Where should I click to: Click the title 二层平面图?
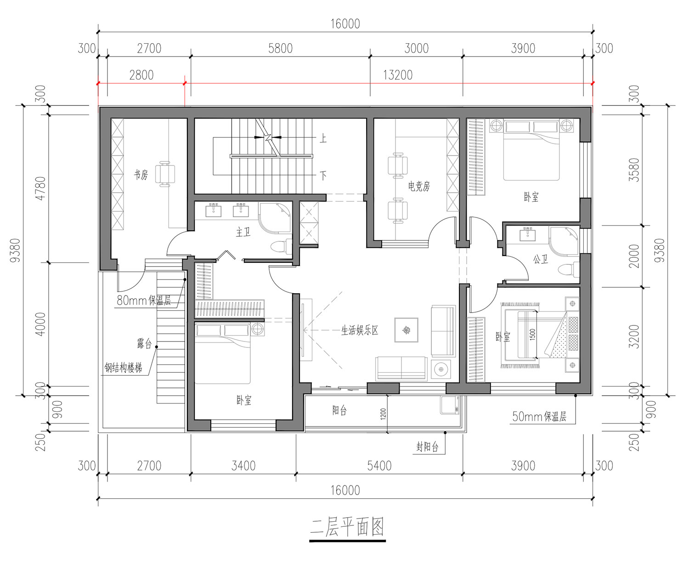347,527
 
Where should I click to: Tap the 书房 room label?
141,175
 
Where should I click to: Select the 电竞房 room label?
419,186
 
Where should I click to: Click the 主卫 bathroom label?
243,232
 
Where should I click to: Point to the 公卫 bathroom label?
540,259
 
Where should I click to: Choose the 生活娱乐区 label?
359,330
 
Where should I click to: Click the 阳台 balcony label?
339,410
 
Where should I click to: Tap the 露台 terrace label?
144,343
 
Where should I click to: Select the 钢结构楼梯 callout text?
123,368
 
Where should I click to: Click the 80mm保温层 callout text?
144,300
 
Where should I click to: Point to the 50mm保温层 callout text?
539,416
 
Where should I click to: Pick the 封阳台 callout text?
427,447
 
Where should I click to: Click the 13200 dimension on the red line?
398,75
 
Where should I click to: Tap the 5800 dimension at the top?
280,48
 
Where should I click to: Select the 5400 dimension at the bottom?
379,466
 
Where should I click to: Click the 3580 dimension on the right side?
634,170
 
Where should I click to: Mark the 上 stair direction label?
323,138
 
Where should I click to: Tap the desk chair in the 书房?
165,174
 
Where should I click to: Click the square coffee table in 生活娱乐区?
406,330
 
